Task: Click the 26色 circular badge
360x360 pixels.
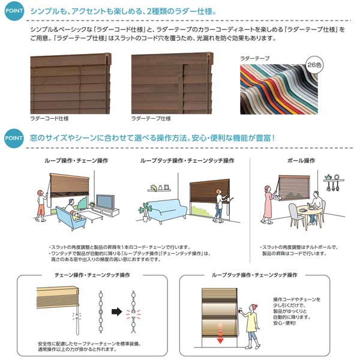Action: pos(314,64)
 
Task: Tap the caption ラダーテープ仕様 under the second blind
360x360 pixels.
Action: pos(151,119)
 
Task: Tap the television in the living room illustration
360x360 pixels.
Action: pos(104,202)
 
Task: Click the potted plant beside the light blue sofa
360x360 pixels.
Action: pos(144,211)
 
